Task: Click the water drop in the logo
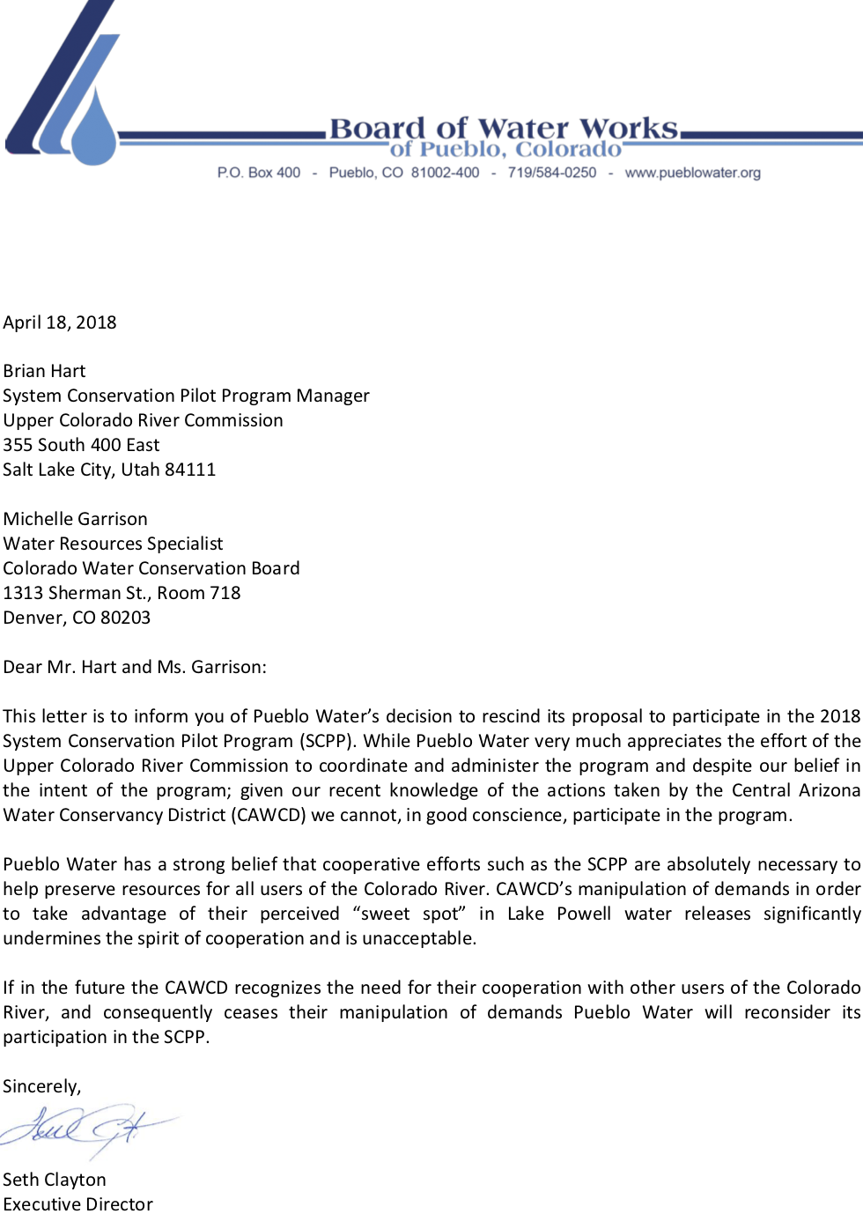tap(92, 128)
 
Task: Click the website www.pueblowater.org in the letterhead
tap(692, 173)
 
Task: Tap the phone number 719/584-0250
tap(551, 173)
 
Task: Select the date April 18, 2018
tap(60, 322)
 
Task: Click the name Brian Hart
tap(44, 371)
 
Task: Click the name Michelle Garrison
tap(76, 519)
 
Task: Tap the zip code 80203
tap(125, 618)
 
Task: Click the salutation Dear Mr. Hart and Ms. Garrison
tap(135, 667)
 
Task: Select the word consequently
tap(158, 1012)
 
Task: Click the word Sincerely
tap(41, 1086)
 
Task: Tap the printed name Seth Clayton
tap(55, 1180)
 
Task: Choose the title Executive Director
tap(77, 1204)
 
